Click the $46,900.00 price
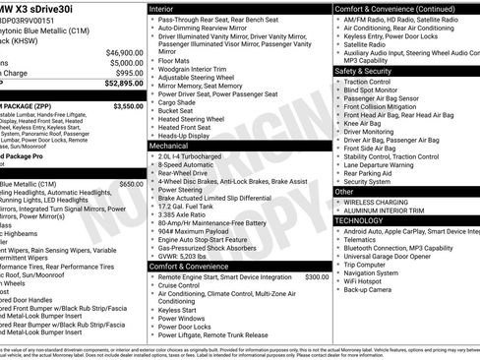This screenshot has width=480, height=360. [x=125, y=52]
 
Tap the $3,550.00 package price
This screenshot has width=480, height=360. [x=128, y=105]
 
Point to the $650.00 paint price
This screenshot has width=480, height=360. [x=131, y=183]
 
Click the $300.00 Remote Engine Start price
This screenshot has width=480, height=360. [x=317, y=276]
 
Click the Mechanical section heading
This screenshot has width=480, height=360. [x=169, y=145]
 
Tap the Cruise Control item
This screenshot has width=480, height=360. [x=187, y=285]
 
